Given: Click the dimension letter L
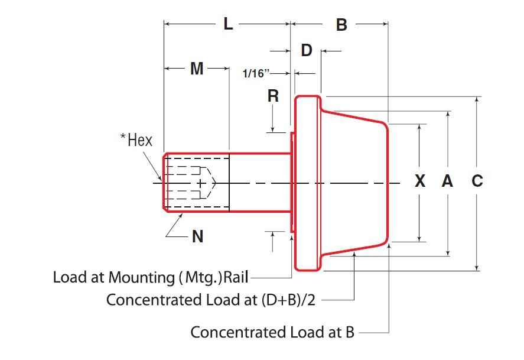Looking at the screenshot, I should tap(228, 24).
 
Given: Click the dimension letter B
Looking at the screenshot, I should tap(341, 25).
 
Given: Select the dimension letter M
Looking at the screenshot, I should tap(197, 69).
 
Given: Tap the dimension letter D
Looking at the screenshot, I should tap(306, 50).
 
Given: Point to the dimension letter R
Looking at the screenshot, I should tap(273, 96).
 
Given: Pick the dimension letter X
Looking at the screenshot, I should tap(420, 181).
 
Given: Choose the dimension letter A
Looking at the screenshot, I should tap(448, 181).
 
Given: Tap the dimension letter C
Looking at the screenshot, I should tap(477, 181).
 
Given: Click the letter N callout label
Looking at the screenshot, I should tap(198, 237).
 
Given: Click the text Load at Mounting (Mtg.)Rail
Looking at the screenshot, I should tap(150, 277).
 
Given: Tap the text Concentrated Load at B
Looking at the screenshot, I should tap(272, 332).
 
